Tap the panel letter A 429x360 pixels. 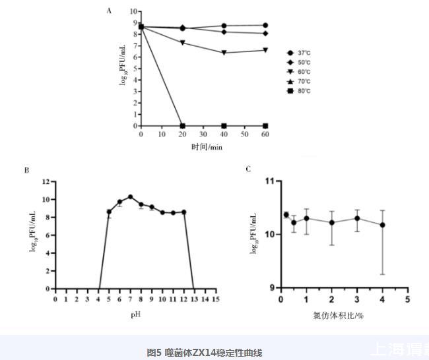[110, 11]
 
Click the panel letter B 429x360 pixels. [26, 170]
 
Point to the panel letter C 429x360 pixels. [248, 169]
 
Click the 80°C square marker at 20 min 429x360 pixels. [183, 125]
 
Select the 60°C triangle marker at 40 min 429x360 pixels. [224, 53]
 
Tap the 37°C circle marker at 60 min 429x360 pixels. [265, 25]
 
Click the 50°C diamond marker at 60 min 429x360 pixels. [265, 33]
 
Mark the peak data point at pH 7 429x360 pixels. [131, 196]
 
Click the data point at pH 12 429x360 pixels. [184, 212]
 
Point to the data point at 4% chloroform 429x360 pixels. [382, 225]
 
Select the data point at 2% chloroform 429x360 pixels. [331, 222]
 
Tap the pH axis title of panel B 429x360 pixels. [135, 315]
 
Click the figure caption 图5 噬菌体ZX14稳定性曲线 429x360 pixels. [204, 353]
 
